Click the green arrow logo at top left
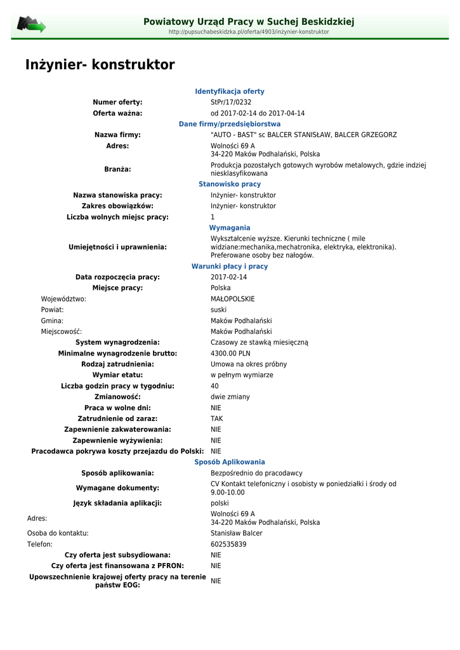tap(31, 25)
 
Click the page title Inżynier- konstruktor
tap(100, 65)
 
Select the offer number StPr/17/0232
tap(231, 102)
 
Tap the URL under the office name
tap(249, 32)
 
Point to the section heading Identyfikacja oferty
tap(230, 91)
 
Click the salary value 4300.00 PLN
tap(230, 354)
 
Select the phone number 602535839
tap(228, 545)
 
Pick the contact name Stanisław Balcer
tap(236, 533)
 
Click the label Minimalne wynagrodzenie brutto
tap(117, 354)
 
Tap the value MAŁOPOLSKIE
tap(232, 299)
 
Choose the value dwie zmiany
tap(230, 397)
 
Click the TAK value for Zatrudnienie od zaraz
tap(216, 419)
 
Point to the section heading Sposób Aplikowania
tap(230, 462)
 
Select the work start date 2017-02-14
tap(228, 277)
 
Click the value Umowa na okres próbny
tap(249, 364)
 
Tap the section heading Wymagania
tap(230, 228)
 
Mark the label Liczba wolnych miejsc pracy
tap(117, 217)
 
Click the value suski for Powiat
tap(218, 310)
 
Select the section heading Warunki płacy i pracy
tap(230, 267)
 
